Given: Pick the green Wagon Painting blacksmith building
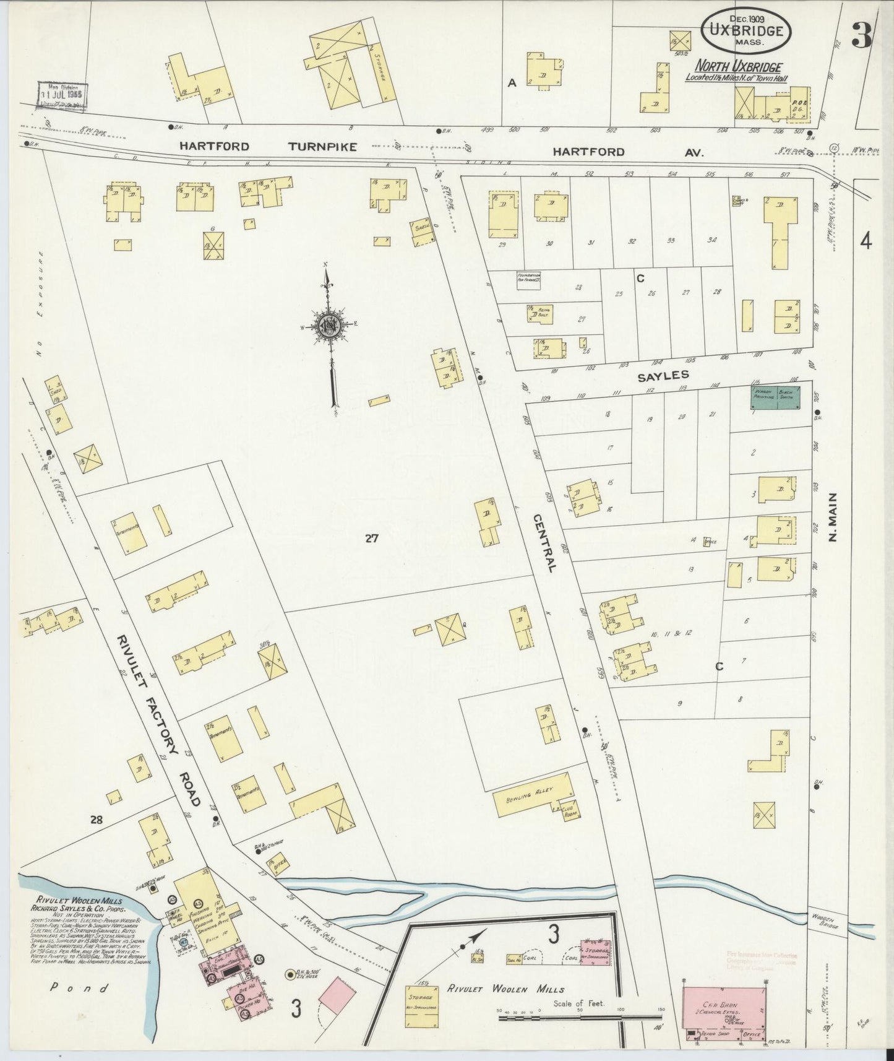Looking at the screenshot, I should (x=775, y=398).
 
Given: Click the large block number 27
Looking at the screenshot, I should (x=371, y=538).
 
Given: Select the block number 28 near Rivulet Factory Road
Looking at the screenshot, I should (x=96, y=820).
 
